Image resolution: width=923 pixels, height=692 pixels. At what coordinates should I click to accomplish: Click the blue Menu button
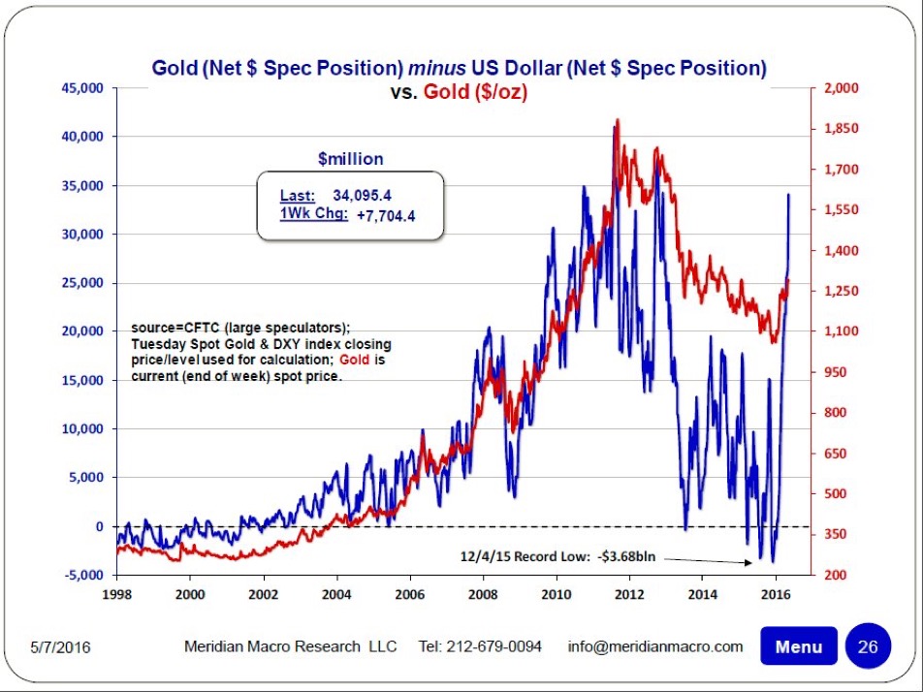click(x=798, y=646)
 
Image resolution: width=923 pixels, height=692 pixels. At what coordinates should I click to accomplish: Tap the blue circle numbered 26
click(x=867, y=646)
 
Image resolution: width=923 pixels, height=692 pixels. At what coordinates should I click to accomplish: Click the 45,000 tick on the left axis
click(x=82, y=88)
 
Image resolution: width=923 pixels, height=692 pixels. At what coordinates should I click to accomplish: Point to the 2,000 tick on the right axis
click(x=840, y=88)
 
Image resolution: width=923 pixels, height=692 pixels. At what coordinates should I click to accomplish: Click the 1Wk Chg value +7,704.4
click(x=387, y=214)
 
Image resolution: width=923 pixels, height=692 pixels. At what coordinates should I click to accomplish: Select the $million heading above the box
click(x=350, y=158)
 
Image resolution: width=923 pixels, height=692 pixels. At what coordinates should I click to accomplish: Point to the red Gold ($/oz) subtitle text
click(x=475, y=94)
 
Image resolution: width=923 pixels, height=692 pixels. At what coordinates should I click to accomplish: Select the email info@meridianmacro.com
click(x=655, y=646)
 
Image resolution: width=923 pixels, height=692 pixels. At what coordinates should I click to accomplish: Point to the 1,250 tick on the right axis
click(x=840, y=291)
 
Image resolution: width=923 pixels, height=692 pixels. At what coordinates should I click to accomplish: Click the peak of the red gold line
click(x=618, y=120)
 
